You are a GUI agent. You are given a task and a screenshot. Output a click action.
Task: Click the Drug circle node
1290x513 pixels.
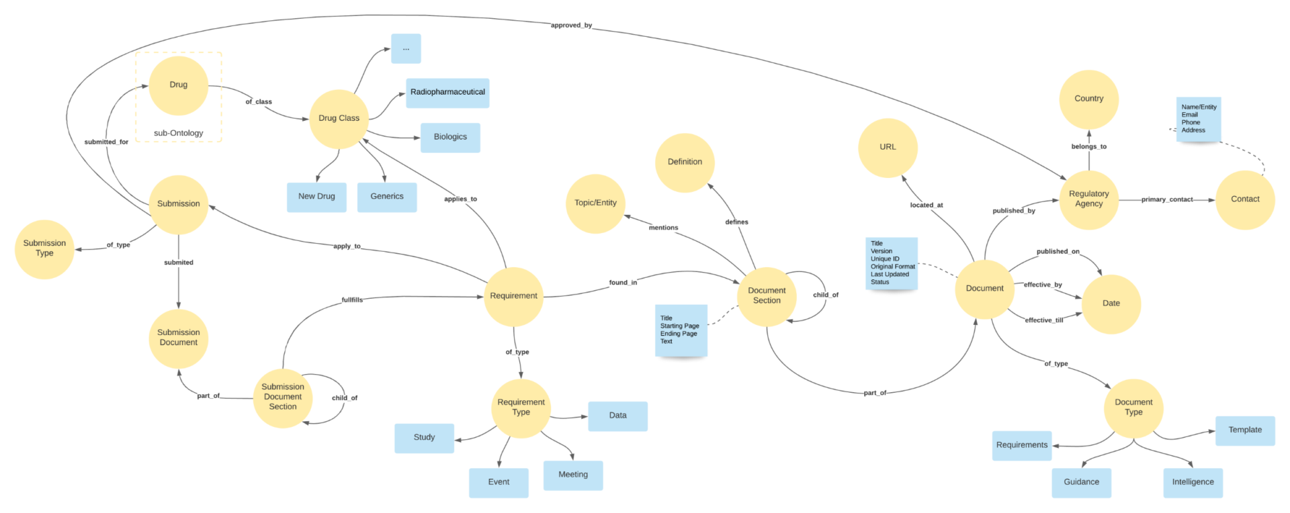(178, 85)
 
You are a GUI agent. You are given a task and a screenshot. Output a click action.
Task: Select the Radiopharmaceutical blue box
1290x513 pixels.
(447, 93)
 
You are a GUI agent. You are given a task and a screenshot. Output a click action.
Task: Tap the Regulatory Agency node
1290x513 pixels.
(1088, 199)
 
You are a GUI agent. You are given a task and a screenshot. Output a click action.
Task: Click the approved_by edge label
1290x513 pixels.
(571, 26)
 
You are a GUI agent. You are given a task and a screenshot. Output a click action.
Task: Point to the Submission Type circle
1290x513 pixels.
(44, 248)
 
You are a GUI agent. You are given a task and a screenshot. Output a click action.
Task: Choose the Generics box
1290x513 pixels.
(387, 197)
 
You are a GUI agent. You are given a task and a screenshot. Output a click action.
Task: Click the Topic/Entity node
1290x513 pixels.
(595, 203)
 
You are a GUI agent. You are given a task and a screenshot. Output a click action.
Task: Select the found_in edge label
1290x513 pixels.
(623, 283)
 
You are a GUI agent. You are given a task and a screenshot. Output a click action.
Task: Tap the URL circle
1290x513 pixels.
(888, 147)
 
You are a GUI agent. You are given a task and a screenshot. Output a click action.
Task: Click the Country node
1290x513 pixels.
(1088, 99)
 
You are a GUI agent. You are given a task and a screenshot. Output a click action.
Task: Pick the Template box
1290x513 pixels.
(1244, 430)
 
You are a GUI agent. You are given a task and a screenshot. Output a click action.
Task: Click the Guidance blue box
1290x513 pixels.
(1081, 482)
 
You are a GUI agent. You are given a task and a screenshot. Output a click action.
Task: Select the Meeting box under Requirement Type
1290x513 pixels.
(572, 475)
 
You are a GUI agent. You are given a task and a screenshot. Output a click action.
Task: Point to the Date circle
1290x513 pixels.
(1111, 304)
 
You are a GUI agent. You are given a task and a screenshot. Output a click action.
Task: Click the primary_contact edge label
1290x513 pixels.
(1166, 199)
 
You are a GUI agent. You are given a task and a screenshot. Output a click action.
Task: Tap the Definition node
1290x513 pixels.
(685, 162)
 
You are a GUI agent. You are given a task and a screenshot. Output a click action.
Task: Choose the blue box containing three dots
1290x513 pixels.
(406, 49)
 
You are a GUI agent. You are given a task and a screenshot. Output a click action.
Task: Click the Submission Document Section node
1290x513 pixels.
(283, 397)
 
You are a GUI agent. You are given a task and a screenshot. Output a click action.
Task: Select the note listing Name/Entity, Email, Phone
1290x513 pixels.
(1199, 119)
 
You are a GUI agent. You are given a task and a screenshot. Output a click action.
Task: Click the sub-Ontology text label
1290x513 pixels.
(178, 133)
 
